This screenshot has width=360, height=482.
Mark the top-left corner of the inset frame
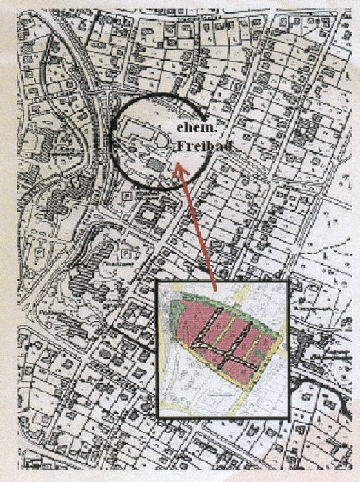point(157,281)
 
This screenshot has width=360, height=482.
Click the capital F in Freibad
point(180,147)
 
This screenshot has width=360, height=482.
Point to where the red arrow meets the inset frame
point(215,281)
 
